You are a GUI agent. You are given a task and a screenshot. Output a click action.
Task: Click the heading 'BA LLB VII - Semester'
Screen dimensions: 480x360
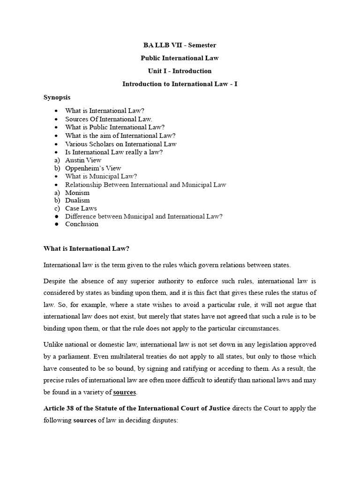[180, 45]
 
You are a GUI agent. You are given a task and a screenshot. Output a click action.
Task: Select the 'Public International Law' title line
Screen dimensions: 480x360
[180, 58]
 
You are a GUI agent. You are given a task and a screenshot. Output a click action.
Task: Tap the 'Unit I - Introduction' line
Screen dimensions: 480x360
[180, 71]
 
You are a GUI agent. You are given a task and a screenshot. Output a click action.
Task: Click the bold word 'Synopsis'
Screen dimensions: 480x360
[57, 97]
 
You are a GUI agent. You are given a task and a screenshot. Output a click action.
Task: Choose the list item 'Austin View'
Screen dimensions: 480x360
[82, 160]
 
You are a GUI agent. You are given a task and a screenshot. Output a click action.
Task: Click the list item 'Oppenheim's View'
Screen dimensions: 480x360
[93, 168]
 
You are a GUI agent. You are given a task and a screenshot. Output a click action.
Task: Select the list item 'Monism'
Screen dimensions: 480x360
[77, 193]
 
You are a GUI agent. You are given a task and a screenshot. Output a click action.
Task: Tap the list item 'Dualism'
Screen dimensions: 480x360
[77, 201]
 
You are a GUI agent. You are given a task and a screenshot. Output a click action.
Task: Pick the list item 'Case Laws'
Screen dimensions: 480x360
[81, 209]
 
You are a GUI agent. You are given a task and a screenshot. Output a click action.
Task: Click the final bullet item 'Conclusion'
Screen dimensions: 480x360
[82, 224]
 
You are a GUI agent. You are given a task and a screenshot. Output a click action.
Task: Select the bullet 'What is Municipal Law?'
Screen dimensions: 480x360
[101, 176]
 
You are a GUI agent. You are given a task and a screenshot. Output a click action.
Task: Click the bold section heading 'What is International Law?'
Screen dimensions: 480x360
[86, 248]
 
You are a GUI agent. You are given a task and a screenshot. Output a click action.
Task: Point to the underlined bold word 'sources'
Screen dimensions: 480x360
[124, 392]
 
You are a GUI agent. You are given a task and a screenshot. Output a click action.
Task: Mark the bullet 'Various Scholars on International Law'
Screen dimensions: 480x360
[121, 144]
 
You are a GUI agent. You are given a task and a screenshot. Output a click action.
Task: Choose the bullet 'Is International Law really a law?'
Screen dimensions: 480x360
[114, 152]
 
